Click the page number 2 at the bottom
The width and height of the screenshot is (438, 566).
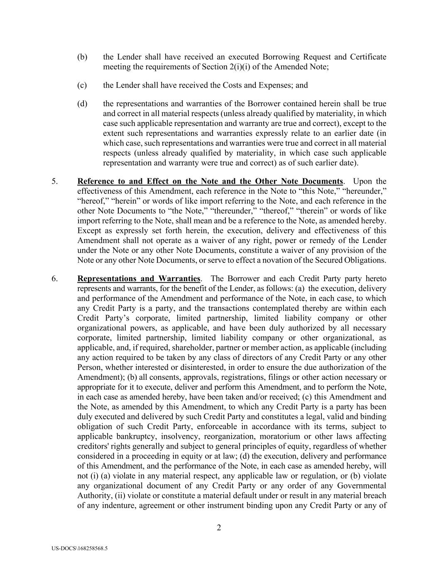pos(219,527)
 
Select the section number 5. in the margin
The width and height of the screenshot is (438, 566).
pos(55,181)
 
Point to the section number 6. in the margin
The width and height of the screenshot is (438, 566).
pos(55,279)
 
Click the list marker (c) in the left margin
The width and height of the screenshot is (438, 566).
pos(82,85)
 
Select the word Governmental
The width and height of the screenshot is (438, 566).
pos(361,486)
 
